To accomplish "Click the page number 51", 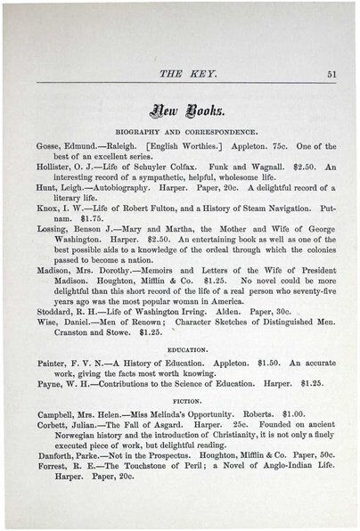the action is tap(331, 75).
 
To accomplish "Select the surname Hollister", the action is tap(57, 167).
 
